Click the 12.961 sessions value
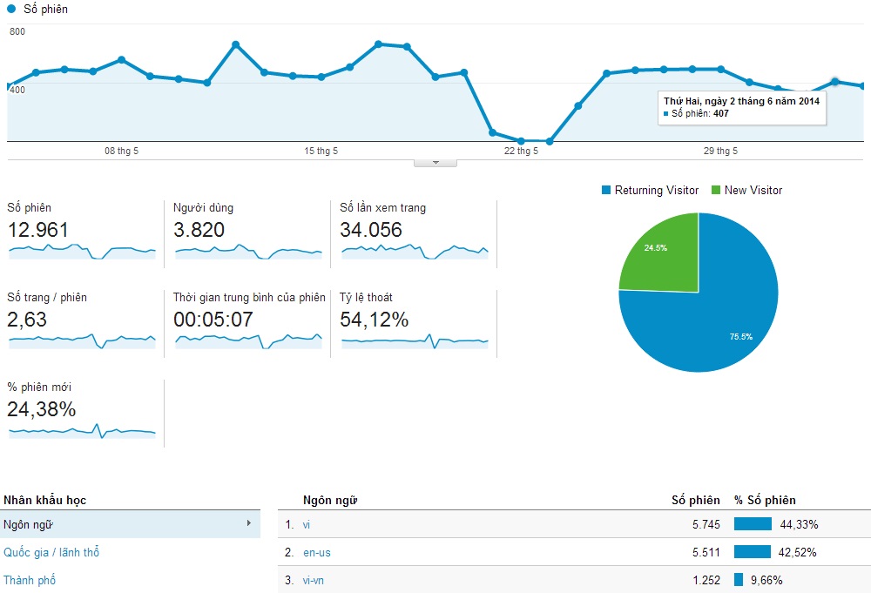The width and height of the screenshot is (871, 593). [38, 230]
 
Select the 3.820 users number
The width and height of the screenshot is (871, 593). [199, 230]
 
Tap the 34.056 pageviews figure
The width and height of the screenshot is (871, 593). [371, 230]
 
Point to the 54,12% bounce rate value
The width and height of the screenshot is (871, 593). [375, 320]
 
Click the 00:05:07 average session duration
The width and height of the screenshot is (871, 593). [213, 320]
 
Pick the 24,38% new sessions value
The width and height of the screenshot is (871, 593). [42, 408]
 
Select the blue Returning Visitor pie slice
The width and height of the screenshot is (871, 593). [714, 313]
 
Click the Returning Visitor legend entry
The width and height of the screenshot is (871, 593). [656, 190]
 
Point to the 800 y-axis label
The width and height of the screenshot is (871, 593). [17, 31]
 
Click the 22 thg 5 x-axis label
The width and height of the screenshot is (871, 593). [521, 151]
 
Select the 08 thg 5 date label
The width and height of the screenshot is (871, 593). [121, 151]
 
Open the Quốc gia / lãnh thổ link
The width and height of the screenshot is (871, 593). [57, 552]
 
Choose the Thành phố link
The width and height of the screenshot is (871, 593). [30, 580]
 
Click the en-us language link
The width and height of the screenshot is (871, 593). [317, 552]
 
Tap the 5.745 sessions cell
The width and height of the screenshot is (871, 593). [704, 524]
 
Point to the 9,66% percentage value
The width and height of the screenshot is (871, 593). [802, 580]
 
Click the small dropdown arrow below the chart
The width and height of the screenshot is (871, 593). [435, 162]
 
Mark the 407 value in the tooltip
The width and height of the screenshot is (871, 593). [720, 113]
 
